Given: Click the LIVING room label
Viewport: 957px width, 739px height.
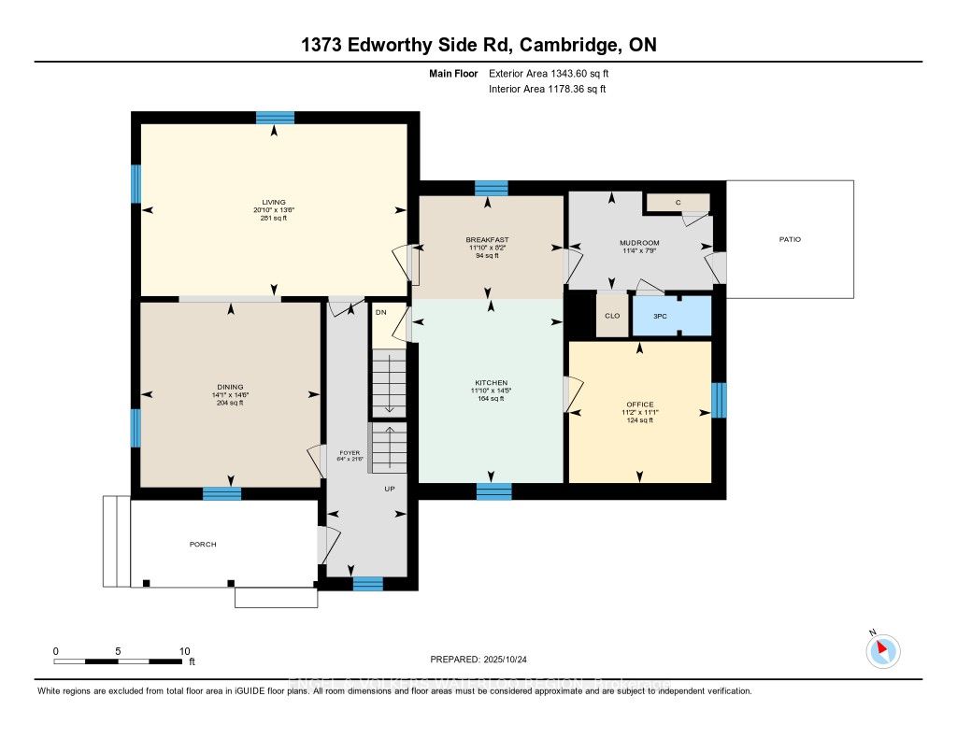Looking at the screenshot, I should coord(273,202).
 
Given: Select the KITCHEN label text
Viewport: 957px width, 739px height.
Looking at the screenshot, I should coord(491,383).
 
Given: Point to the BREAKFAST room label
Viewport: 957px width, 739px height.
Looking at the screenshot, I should coord(487,239).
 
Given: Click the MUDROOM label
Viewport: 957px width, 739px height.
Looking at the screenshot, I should coord(639,243).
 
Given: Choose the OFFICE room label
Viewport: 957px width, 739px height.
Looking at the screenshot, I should coord(639,405).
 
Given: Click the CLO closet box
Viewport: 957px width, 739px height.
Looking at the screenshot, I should coord(611,316).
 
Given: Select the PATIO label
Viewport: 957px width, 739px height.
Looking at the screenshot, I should coord(790,239).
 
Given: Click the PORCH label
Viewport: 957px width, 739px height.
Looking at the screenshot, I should coord(203,545).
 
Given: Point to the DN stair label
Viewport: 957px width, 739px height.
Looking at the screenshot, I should coord(380,313).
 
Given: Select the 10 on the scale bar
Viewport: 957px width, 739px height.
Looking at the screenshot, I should coord(184,651).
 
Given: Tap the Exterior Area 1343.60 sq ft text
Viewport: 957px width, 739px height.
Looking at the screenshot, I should coord(550,72).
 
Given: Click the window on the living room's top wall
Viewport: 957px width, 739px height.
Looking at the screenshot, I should coord(275,117).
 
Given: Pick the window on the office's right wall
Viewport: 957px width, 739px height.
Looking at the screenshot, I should coord(718,400).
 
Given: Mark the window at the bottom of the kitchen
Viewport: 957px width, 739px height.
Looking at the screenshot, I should coord(493,491).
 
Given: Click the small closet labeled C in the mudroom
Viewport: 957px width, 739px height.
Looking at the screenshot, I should coord(678,203).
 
